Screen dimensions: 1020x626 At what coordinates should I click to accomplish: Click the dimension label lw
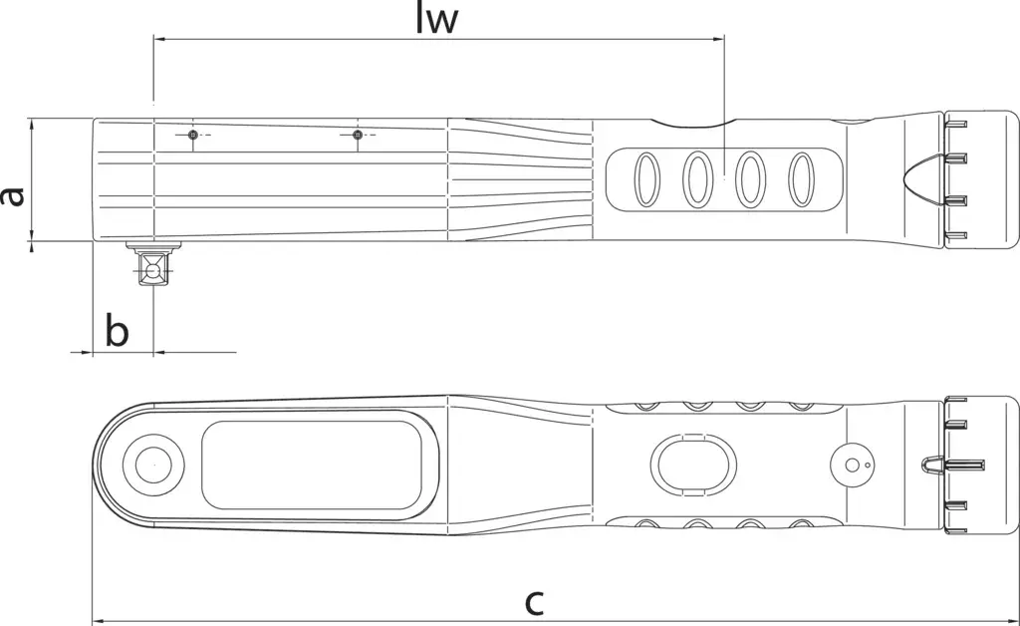pyautogui.click(x=437, y=20)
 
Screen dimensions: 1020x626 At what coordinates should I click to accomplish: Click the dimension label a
pyautogui.click(x=12, y=195)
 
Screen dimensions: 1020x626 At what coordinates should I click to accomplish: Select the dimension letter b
pyautogui.click(x=118, y=330)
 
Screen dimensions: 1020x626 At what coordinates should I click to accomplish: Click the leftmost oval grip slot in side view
pyautogui.click(x=645, y=179)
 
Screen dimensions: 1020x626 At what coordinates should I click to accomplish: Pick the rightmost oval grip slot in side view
pyautogui.click(x=802, y=179)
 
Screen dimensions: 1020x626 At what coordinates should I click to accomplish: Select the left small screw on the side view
pyautogui.click(x=192, y=135)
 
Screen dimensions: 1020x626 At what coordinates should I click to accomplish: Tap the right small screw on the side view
pyautogui.click(x=357, y=135)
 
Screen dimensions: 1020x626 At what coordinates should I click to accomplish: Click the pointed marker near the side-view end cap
pyautogui.click(x=923, y=179)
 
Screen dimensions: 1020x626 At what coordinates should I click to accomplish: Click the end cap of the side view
pyautogui.click(x=981, y=179)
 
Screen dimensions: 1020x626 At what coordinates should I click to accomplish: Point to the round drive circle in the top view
pyautogui.click(x=154, y=466)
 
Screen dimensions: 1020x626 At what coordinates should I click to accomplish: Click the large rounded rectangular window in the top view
pyautogui.click(x=312, y=466)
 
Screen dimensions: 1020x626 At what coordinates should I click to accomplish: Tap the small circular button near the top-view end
pyautogui.click(x=853, y=465)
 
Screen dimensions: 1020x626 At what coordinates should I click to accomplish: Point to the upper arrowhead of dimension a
pyautogui.click(x=31, y=125)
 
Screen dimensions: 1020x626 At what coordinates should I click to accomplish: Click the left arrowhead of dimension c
pyautogui.click(x=99, y=621)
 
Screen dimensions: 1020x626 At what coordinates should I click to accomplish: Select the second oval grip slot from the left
pyautogui.click(x=697, y=179)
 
